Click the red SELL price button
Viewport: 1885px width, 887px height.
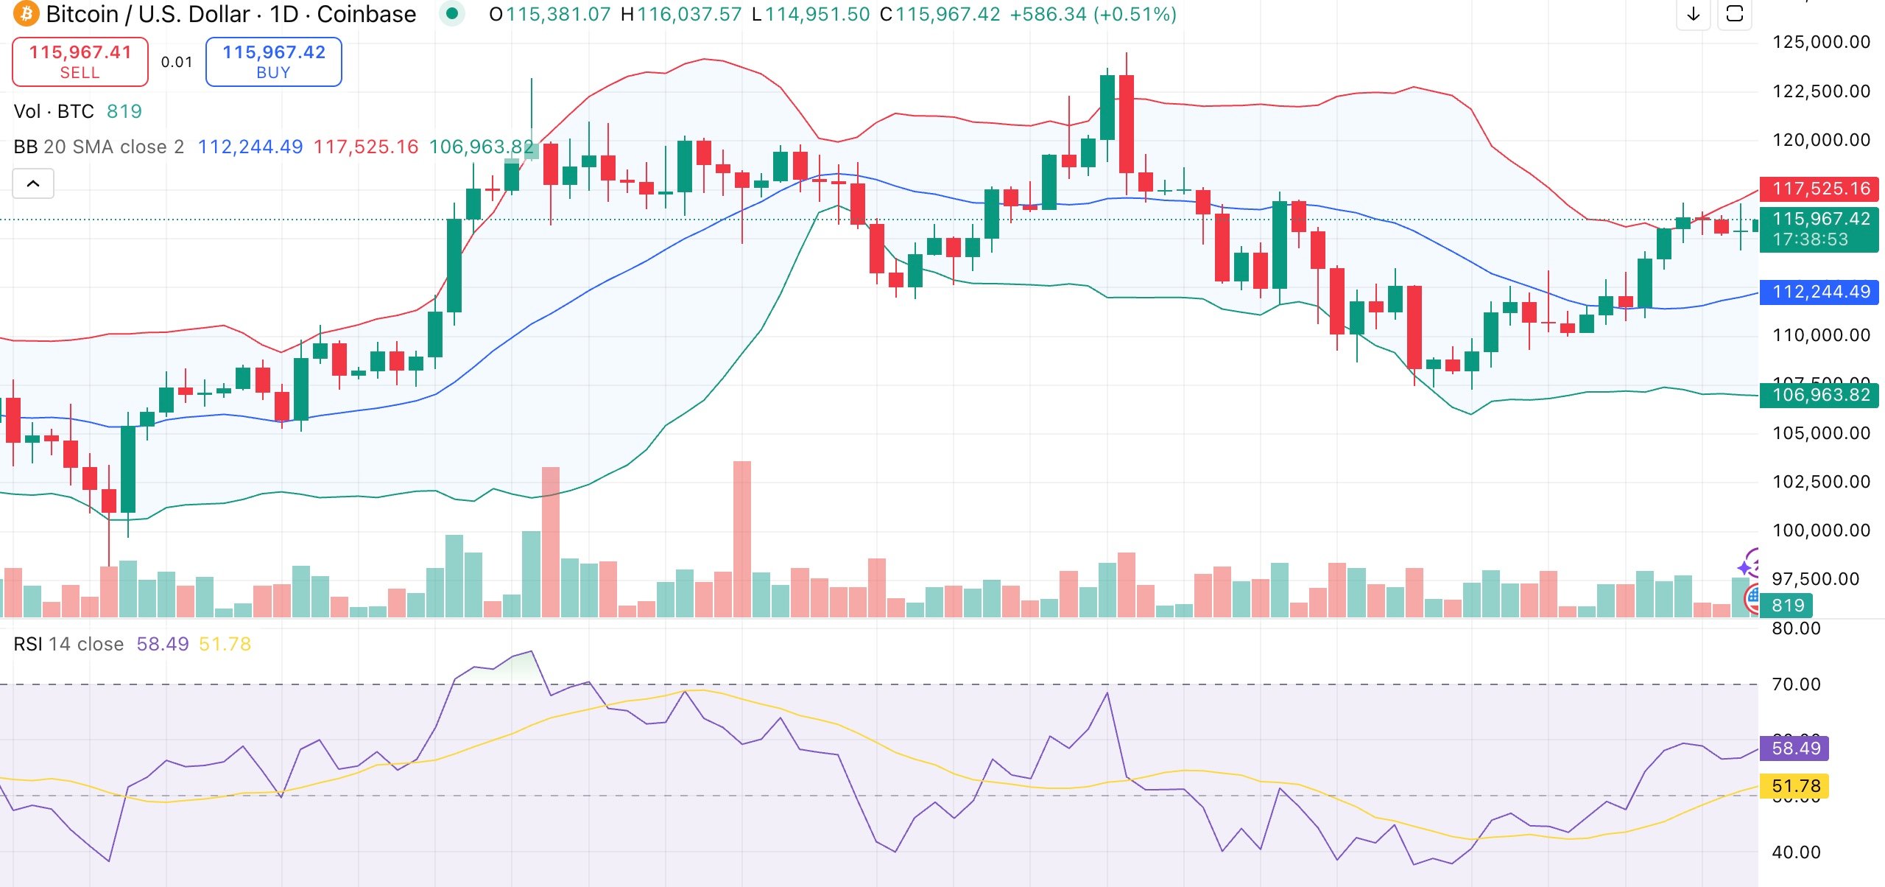[80, 61]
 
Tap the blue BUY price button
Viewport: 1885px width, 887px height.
[273, 61]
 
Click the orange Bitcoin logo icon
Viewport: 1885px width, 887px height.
[26, 14]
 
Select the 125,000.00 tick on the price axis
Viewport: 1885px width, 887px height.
[1821, 42]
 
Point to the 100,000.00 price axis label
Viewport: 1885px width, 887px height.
[1821, 530]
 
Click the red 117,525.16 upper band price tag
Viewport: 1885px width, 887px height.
[1819, 189]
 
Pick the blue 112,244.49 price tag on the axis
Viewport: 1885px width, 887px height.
[1819, 292]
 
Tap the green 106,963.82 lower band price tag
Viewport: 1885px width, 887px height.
[1819, 395]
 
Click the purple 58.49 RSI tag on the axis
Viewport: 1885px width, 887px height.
[1795, 748]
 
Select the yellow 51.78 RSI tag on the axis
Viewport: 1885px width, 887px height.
[1795, 786]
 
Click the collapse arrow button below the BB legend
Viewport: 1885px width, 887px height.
[33, 183]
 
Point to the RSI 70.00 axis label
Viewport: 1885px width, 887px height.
[1796, 684]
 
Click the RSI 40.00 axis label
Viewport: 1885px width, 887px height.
[1796, 852]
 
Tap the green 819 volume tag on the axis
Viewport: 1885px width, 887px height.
[1787, 606]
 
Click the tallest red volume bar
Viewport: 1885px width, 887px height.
[742, 539]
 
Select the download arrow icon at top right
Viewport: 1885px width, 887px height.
[1694, 13]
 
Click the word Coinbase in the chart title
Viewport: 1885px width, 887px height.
[367, 14]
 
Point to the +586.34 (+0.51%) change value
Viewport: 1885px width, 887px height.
[1093, 14]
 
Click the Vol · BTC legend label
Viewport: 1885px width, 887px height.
[54, 111]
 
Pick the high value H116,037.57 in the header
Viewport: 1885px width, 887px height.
[681, 14]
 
